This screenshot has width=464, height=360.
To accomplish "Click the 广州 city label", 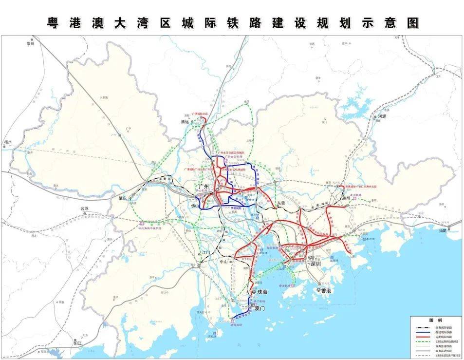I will [204, 187].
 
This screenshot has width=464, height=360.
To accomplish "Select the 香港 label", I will [325, 290].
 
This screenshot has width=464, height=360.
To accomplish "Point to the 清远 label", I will [185, 122].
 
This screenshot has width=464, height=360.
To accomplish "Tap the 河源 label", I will [381, 116].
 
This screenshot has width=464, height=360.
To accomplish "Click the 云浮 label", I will [85, 208].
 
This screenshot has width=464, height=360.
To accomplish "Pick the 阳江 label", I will [76, 343].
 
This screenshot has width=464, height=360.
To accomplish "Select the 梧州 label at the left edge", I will [8, 142].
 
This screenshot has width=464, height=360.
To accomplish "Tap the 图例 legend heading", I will [435, 320].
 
